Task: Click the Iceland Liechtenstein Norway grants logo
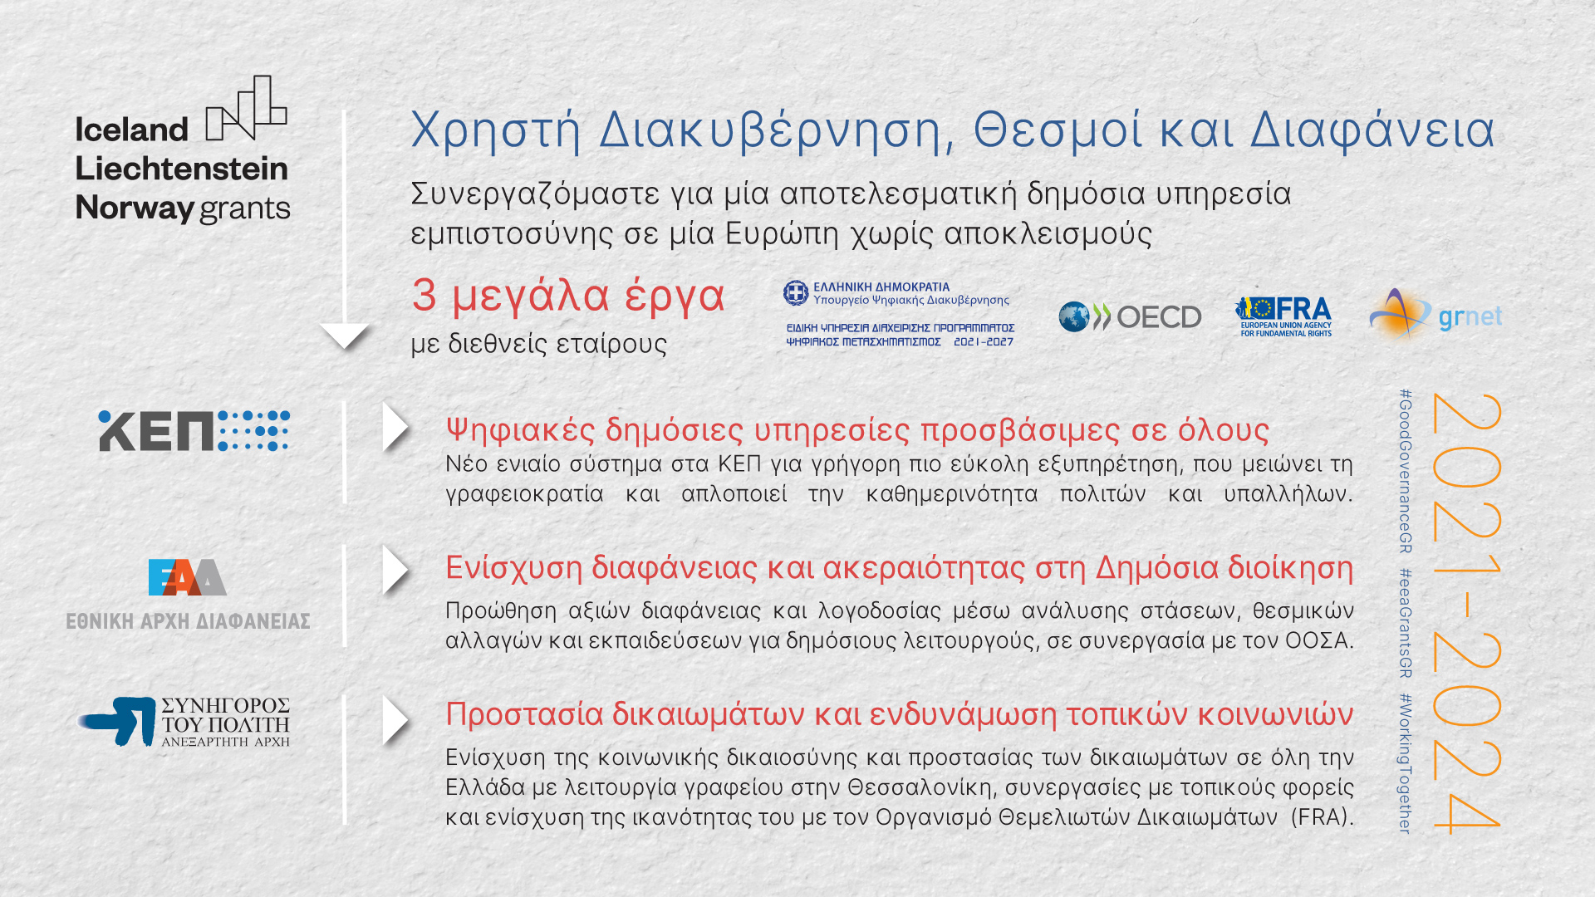coord(183,150)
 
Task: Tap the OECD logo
coord(1130,316)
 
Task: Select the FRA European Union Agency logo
coord(1283,316)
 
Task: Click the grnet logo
coord(1435,315)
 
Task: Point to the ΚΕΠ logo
coord(194,431)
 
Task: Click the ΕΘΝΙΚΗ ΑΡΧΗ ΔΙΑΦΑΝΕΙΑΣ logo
coord(188,595)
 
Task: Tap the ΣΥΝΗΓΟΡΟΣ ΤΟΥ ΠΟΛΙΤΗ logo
coord(184,721)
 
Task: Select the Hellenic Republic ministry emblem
coord(796,292)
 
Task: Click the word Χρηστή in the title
coord(496,130)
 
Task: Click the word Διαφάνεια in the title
coord(1372,130)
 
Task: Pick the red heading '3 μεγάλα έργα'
coord(568,295)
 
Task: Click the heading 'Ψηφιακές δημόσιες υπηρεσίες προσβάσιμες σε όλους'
coord(857,429)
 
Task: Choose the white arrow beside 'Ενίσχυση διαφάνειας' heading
coord(395,570)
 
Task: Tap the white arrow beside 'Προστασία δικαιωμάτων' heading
coord(395,720)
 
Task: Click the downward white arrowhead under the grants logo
coord(345,336)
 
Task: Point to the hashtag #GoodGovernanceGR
coord(1405,471)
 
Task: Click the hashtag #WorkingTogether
coord(1405,763)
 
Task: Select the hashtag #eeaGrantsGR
coord(1405,623)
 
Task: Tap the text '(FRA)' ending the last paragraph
coord(1323,817)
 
